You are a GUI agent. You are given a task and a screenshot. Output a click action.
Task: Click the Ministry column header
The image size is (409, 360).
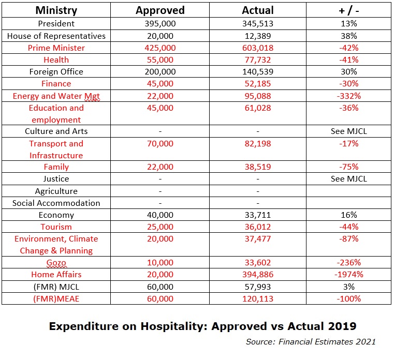56,10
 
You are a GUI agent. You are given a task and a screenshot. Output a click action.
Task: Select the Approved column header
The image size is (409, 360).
160,10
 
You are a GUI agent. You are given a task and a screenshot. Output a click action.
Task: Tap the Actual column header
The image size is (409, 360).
258,10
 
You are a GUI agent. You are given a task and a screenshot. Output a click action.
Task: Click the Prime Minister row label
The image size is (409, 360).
56,48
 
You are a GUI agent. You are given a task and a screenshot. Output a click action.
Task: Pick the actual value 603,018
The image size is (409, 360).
258,48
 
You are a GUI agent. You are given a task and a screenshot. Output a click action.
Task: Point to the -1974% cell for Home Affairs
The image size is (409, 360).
349,275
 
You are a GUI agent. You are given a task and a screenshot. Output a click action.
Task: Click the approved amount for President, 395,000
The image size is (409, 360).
160,24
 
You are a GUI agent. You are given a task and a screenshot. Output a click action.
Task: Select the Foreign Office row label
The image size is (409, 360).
56,72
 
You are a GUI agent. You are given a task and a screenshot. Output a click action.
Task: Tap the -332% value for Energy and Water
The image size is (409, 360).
349,96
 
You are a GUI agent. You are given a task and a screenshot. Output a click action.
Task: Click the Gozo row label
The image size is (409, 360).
56,263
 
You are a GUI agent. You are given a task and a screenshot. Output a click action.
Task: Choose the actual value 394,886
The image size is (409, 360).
258,275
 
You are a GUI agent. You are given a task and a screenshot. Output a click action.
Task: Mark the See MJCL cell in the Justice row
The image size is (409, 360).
349,179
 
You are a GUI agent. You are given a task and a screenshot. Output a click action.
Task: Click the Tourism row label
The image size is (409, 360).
56,227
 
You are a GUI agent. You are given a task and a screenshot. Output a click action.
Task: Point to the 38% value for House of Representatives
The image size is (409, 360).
349,36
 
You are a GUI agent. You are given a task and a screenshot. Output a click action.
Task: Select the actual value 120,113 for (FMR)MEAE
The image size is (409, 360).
258,299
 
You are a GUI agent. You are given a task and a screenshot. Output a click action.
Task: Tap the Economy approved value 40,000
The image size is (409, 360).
160,215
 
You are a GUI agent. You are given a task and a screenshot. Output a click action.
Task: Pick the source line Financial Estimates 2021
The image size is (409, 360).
327,342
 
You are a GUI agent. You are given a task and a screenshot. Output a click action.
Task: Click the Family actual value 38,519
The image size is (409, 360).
258,167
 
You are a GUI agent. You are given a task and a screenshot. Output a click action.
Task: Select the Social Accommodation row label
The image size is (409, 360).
56,203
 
